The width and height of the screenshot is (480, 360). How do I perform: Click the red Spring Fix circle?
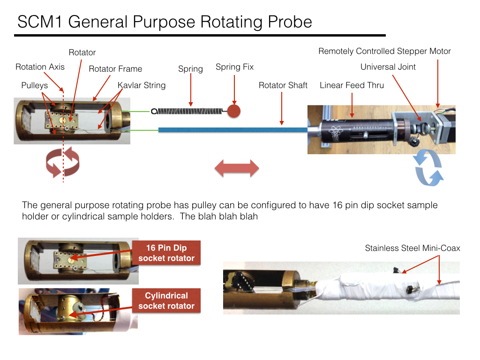(x=234, y=111)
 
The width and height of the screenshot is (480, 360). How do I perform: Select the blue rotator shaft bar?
(x=233, y=130)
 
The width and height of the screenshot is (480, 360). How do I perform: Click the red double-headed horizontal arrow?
(x=237, y=168)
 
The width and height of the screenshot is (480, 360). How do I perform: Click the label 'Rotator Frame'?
(x=115, y=69)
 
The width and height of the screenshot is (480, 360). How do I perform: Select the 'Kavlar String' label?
(x=142, y=85)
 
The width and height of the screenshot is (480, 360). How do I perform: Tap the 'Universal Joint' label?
(x=388, y=67)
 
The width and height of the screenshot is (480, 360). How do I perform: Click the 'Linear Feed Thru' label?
(x=352, y=85)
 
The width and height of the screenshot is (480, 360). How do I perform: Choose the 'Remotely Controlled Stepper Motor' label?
(x=384, y=51)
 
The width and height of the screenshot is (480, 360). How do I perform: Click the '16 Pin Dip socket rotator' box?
(x=166, y=253)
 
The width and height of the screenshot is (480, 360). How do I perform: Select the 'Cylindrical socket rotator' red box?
(x=166, y=300)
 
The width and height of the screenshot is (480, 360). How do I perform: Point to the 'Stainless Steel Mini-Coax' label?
(x=412, y=248)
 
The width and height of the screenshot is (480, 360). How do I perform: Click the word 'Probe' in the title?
(x=290, y=22)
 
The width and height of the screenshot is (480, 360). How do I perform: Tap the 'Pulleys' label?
(x=35, y=85)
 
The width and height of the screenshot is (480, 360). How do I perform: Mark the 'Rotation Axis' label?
(x=40, y=67)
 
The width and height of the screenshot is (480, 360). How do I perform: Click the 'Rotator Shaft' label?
(x=283, y=85)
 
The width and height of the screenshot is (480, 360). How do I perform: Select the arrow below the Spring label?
(x=191, y=90)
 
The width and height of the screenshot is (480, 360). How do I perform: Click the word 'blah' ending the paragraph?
(x=249, y=217)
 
